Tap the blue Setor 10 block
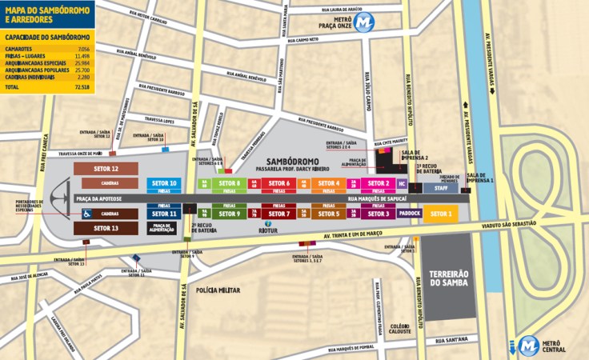163,182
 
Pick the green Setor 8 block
228,183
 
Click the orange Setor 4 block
327,183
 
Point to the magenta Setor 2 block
379,183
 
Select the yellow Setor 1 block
441,214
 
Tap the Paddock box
409,214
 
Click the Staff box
441,188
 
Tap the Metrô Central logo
528,345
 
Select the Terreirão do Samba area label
448,278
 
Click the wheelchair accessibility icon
86,214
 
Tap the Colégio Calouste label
400,329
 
